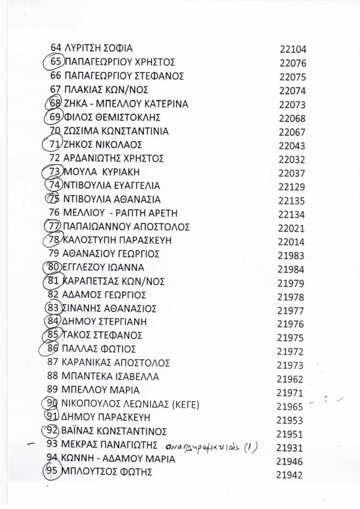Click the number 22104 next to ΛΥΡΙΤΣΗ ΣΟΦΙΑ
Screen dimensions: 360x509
(293, 49)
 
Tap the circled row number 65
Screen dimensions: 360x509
(55, 62)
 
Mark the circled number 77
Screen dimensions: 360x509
(55, 227)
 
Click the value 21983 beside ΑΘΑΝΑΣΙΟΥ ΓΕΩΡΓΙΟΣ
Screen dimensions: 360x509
(291, 254)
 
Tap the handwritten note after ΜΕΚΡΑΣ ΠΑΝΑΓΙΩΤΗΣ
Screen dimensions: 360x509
(216, 445)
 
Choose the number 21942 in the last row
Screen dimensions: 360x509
(289, 475)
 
